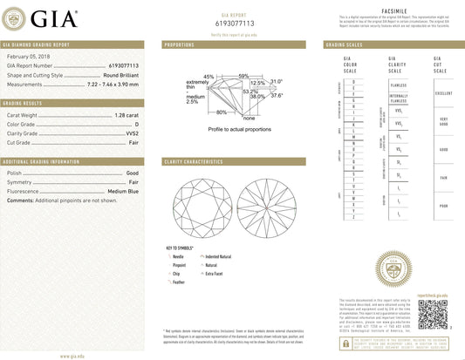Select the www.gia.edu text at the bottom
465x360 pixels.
click(72, 356)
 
